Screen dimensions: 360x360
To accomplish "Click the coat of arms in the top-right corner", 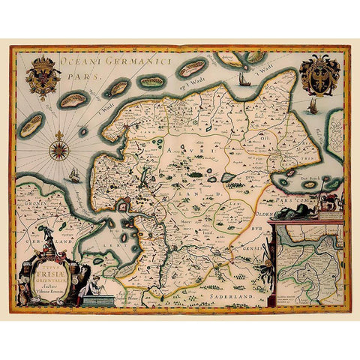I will tap(319, 74).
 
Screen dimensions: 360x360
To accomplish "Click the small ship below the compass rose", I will tap(74, 176).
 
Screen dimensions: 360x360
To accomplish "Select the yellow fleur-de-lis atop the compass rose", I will tap(58, 135).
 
